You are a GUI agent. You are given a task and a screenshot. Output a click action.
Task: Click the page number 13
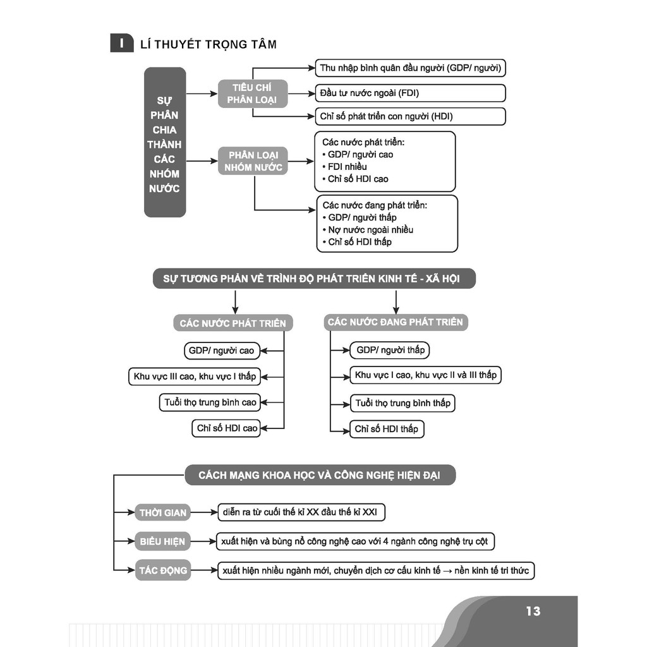click(533, 611)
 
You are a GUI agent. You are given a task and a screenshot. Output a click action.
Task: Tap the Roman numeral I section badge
click(122, 43)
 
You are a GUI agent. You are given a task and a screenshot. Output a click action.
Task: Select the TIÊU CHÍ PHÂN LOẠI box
click(253, 94)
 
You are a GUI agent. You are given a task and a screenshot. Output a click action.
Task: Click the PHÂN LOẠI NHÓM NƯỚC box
click(253, 161)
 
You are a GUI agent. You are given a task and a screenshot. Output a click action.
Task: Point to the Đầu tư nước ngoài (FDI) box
click(410, 93)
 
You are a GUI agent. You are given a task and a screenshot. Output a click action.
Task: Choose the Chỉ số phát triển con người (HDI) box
click(410, 116)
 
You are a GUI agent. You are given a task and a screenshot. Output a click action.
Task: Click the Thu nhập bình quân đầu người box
click(410, 68)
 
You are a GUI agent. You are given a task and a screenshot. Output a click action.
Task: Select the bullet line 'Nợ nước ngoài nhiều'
click(368, 230)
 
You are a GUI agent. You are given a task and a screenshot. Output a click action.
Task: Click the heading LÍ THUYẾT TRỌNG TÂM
click(209, 44)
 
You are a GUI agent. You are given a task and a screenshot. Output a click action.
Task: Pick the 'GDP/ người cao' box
click(222, 351)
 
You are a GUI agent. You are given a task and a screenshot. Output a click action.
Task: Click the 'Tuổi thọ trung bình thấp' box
click(402, 403)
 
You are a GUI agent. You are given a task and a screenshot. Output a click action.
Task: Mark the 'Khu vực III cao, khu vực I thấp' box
click(195, 377)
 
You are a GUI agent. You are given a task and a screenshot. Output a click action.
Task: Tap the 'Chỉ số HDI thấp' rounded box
click(387, 429)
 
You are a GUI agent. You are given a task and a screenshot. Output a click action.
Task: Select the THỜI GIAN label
click(162, 512)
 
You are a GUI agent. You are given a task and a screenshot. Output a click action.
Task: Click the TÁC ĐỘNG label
click(162, 571)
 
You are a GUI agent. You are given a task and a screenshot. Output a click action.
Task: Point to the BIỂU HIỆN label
click(162, 541)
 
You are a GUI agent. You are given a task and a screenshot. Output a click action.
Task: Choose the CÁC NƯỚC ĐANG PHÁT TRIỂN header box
click(396, 322)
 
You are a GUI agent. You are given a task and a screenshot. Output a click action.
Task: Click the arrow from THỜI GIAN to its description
click(204, 512)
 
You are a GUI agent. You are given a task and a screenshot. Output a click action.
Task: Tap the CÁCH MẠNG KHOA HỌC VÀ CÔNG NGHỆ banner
click(320, 475)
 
